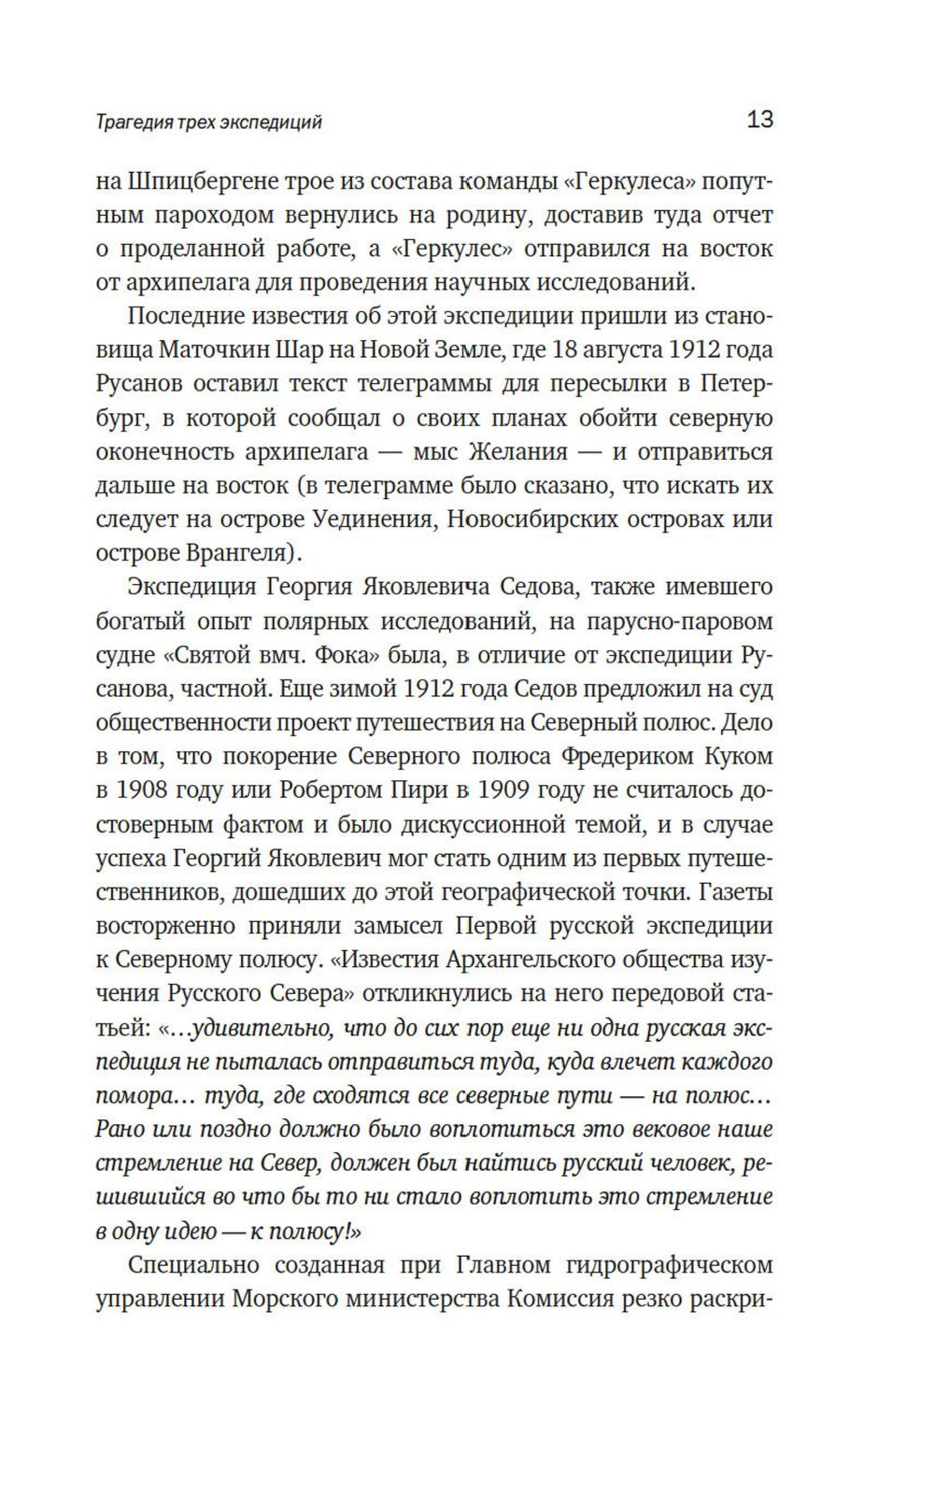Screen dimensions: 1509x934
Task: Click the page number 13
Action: [759, 120]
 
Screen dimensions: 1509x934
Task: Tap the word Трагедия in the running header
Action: [129, 122]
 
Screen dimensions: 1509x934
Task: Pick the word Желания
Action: [516, 451]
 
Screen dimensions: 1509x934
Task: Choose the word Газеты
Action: [735, 892]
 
